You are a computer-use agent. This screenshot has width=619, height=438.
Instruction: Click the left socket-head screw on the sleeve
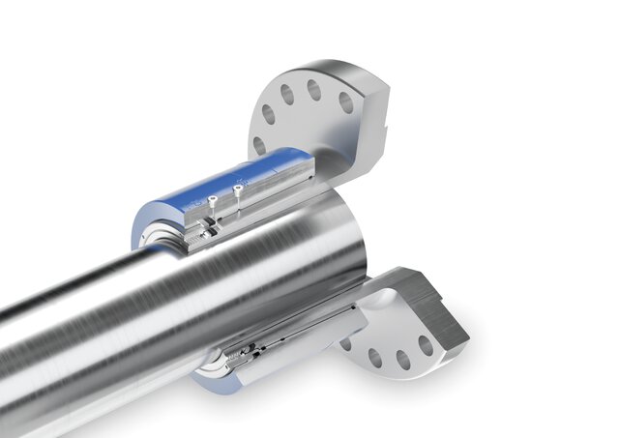pos(212,202)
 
